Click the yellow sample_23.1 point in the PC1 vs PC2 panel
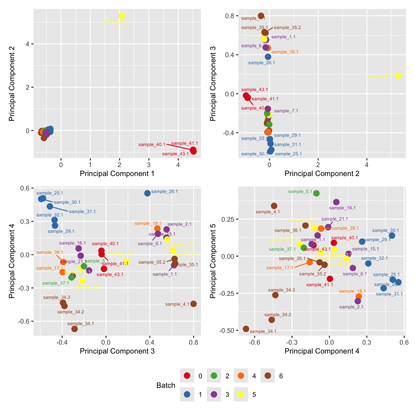tap(122, 16)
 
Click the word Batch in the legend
tap(166, 385)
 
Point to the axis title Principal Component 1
tap(117, 174)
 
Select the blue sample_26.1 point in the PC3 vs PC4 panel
tap(147, 193)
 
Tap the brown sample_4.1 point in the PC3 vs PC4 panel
tap(193, 304)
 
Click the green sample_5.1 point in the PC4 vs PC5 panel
tap(316, 193)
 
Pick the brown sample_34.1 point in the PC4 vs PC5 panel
tap(246, 329)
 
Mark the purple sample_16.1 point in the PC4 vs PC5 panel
tap(336, 202)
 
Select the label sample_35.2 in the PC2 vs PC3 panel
tap(287, 27)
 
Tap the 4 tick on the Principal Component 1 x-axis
tap(178, 165)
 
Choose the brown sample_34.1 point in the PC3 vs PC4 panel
tap(74, 329)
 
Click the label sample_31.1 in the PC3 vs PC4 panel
tap(82, 212)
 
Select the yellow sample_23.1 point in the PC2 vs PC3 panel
tap(398, 76)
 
